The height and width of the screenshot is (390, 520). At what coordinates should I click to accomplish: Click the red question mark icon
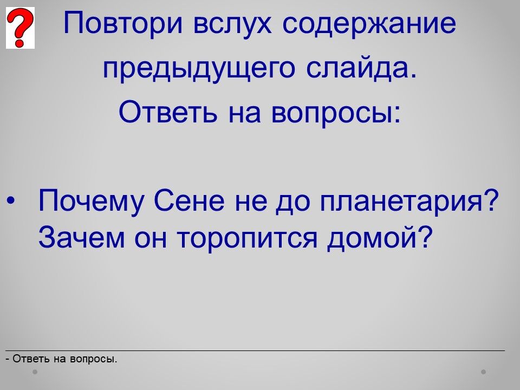coord(20,28)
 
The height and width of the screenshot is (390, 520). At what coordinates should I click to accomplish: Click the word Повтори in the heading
coord(123,23)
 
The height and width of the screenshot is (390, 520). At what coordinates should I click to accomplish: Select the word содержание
coord(369,23)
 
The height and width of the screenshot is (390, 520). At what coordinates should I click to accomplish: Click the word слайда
coord(361,68)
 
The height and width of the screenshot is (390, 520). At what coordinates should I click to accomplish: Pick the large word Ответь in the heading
coord(168,112)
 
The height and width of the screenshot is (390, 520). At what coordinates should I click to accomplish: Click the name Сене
coord(189,200)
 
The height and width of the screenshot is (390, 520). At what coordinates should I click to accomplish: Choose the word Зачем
coord(81,237)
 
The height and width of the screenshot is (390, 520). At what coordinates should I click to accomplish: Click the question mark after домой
coord(425,237)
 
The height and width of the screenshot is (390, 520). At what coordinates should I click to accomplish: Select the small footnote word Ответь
coord(31,359)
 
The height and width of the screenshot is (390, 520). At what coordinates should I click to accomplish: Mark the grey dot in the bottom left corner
coord(35,372)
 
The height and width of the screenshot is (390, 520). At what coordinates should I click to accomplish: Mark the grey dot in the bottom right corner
coord(483,372)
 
